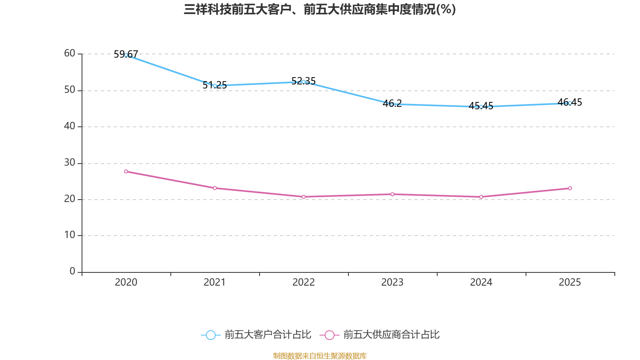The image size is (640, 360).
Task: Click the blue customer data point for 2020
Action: tap(126, 55)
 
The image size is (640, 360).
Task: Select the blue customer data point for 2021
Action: tap(215, 86)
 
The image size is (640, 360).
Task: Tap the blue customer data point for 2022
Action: tap(304, 82)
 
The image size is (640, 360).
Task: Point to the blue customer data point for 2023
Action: tap(392, 104)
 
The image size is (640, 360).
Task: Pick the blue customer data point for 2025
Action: tap(570, 103)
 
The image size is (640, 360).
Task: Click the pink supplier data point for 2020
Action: tap(126, 172)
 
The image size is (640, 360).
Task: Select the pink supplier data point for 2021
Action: tap(215, 188)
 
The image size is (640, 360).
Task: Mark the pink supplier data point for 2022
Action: tap(304, 197)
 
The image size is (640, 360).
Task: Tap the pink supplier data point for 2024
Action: tap(481, 197)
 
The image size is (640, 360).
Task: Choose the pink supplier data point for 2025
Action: tap(570, 188)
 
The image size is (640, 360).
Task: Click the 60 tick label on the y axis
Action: tap(70, 54)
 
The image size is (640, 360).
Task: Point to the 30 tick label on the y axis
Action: tap(70, 163)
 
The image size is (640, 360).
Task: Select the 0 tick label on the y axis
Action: tap(72, 272)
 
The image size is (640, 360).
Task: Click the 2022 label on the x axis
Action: tap(304, 282)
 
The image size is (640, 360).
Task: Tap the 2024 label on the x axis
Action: tap(481, 282)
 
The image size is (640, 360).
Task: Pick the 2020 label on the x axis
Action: tap(126, 282)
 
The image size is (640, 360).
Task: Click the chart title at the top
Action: tap(320, 9)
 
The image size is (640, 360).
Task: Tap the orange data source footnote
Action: tap(320, 356)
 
